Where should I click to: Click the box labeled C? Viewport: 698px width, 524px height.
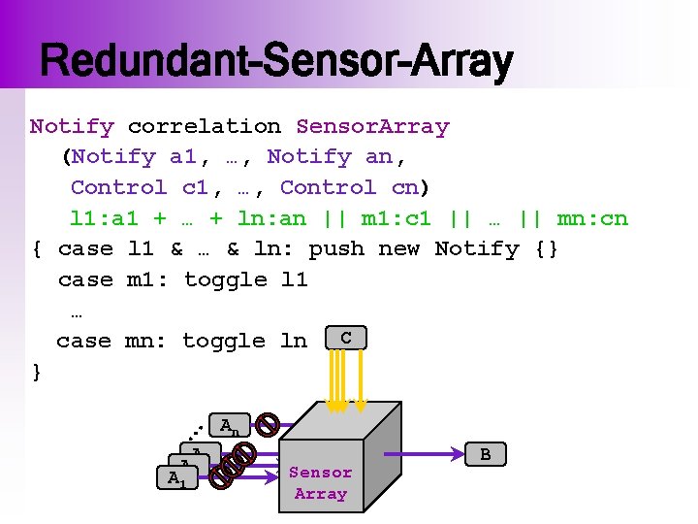[346, 338]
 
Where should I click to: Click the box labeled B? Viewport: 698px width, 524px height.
[485, 454]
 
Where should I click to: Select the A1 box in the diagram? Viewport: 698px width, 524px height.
[174, 477]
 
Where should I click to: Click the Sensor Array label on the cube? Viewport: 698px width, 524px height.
[321, 483]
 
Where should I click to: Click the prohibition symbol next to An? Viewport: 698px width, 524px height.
[269, 423]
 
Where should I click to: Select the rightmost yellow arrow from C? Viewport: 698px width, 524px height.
[360, 378]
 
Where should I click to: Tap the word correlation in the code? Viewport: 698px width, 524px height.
[205, 126]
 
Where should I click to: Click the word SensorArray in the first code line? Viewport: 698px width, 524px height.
[372, 126]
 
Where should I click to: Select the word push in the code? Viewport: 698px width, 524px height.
[336, 248]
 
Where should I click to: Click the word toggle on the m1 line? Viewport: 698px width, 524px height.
[225, 279]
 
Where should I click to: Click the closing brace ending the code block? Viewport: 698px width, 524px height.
[37, 372]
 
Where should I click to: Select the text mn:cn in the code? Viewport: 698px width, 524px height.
[592, 218]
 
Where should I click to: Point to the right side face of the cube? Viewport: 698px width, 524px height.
[383, 456]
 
